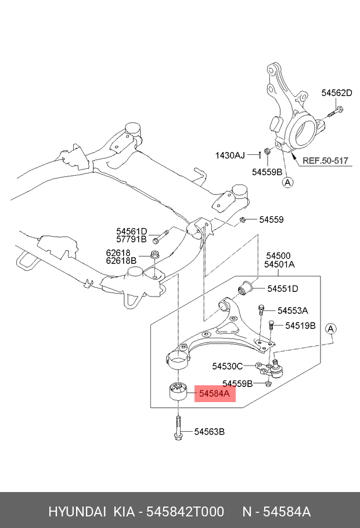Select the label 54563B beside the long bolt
pyautogui.click(x=209, y=432)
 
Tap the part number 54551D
pyautogui.click(x=282, y=288)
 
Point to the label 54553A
pyautogui.click(x=292, y=310)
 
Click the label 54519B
pyautogui.click(x=300, y=326)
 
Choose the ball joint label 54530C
pyautogui.click(x=228, y=366)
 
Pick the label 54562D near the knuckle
pyautogui.click(x=337, y=93)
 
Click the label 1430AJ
pyautogui.click(x=231, y=155)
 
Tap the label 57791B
pyautogui.click(x=131, y=238)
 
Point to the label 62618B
pyautogui.click(x=121, y=261)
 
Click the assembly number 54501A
pyautogui.click(x=280, y=264)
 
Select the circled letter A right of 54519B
pyautogui.click(x=330, y=329)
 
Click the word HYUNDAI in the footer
pyautogui.click(x=77, y=512)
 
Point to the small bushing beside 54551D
pyautogui.click(x=245, y=287)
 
